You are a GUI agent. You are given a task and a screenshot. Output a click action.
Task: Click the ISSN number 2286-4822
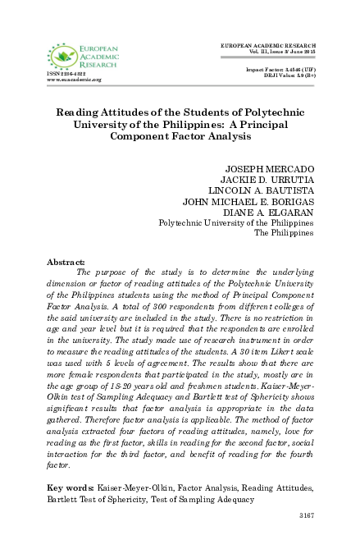pyautogui.click(x=67, y=74)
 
